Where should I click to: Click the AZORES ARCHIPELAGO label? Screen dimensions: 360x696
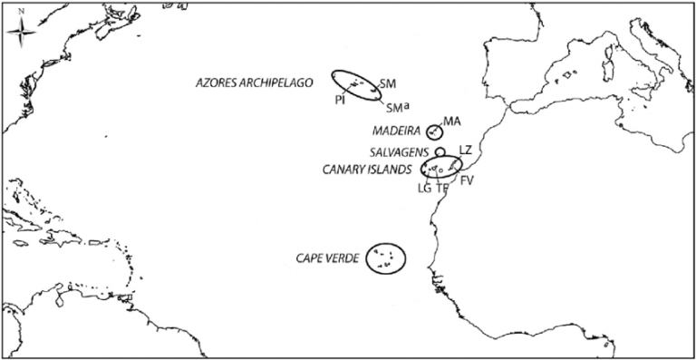point(255,83)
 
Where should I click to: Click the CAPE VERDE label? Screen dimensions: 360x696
point(328,258)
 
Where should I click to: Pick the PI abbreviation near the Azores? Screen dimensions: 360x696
point(339,101)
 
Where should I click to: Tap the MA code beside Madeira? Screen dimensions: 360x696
point(453,122)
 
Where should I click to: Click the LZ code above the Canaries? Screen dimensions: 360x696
point(465,149)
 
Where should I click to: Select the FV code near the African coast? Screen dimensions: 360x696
point(467,181)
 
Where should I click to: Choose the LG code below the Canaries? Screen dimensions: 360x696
point(424,189)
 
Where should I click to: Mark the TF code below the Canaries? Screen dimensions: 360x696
point(442,189)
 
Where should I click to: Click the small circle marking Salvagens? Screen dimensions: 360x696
point(440,151)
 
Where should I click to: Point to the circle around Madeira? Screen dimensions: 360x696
point(434,131)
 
